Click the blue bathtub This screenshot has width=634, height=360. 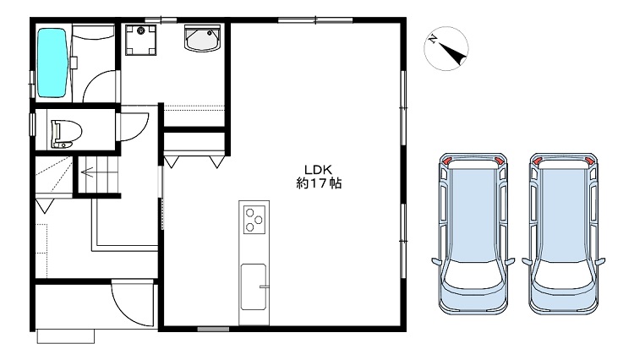(52, 63)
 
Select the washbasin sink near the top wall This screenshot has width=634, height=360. (202, 38)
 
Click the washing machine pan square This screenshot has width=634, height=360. (140, 40)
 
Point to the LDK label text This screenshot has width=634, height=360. (318, 169)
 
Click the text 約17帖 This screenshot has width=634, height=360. (319, 183)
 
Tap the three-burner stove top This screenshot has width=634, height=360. (254, 220)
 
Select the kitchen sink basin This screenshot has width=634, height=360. (254, 286)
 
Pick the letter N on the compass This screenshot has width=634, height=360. (433, 39)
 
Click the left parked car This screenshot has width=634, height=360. (473, 233)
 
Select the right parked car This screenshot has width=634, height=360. (564, 233)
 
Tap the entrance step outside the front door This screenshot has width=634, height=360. (65, 336)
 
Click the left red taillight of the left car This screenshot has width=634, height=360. (446, 161)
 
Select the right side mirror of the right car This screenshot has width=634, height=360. (601, 261)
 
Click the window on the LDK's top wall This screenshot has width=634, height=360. (315, 19)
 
